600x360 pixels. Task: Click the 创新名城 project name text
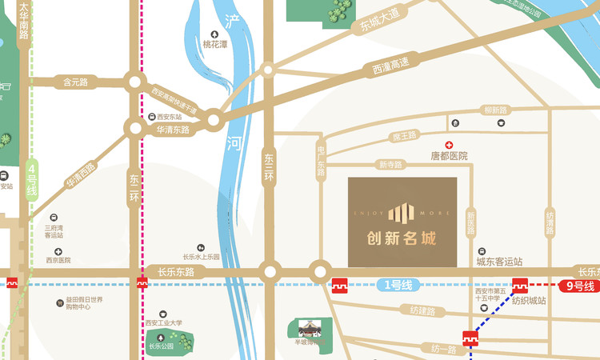click(x=402, y=238)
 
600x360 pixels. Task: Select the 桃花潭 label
click(x=214, y=45)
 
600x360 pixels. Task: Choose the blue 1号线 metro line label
click(x=393, y=284)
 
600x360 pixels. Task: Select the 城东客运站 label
click(x=499, y=262)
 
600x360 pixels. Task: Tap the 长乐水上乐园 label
click(x=201, y=257)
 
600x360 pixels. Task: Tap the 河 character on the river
click(x=234, y=145)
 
